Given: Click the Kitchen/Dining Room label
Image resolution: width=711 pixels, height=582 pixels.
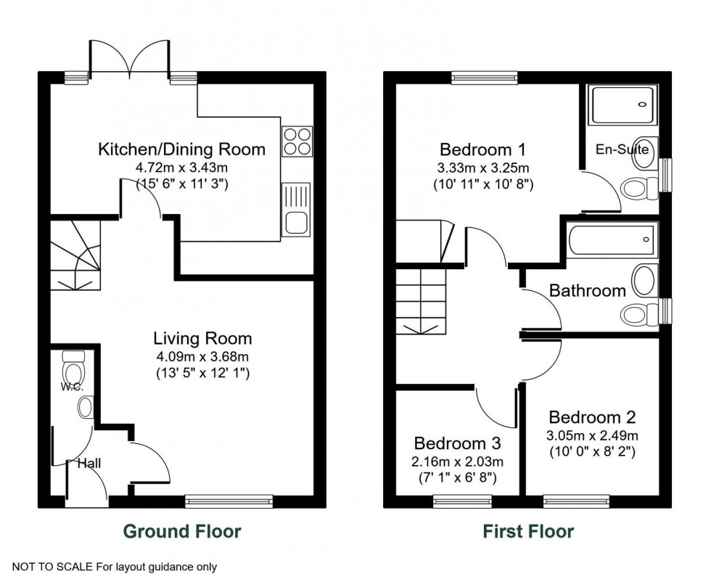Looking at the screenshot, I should (181, 150).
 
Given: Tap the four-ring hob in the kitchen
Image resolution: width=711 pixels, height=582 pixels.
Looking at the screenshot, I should (297, 141).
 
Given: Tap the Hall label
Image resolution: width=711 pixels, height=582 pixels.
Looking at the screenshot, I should (89, 463).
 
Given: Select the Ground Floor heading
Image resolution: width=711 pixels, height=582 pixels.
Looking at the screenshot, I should (182, 531).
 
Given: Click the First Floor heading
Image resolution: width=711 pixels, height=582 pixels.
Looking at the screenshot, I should (528, 531).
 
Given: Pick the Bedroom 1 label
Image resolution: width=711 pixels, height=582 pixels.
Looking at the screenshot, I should (482, 150).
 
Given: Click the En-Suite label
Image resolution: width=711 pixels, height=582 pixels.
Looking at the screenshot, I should (622, 150).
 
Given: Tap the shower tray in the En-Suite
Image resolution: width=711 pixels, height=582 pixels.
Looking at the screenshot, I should (623, 104).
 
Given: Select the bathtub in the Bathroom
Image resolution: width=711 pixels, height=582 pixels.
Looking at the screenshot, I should (612, 240).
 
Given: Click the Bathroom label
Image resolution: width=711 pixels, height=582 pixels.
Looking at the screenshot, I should (587, 291).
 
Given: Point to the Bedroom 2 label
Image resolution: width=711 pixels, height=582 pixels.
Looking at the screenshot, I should (592, 417).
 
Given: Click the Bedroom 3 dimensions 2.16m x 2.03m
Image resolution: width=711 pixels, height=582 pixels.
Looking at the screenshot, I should (459, 462).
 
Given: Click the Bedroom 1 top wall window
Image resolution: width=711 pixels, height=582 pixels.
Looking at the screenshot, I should (484, 76).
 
